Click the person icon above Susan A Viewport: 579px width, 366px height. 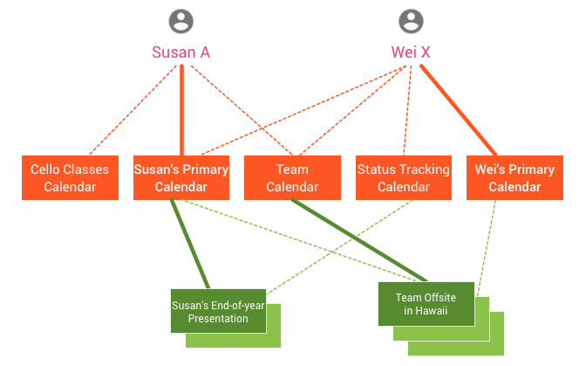pyautogui.click(x=181, y=21)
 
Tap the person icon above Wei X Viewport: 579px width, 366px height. pyautogui.click(x=411, y=21)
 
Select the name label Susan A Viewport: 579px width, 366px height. pyautogui.click(x=181, y=52)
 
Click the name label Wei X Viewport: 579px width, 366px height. pyautogui.click(x=411, y=52)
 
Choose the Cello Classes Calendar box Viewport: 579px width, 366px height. pyautogui.click(x=70, y=177)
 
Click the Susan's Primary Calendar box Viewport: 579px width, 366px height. pyautogui.click(x=181, y=177)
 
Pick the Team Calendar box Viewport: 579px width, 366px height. pyautogui.click(x=292, y=177)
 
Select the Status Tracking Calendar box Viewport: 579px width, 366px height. pyautogui.click(x=404, y=177)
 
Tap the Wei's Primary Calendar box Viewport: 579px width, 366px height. pyautogui.click(x=514, y=177)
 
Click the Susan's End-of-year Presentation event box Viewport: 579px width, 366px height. pyautogui.click(x=218, y=310)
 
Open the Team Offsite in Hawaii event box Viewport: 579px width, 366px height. pyautogui.click(x=426, y=303)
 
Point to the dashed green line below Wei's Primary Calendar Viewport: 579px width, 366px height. pyautogui.click(x=487, y=245)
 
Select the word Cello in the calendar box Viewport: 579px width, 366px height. pyautogui.click(x=46, y=169)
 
